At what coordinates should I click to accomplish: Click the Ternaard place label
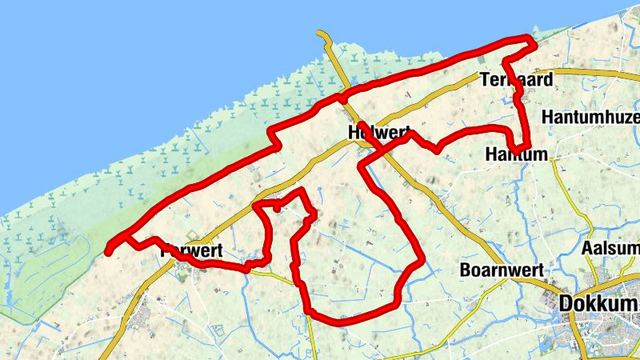(x=517, y=78)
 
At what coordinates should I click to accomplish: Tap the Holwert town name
(x=379, y=132)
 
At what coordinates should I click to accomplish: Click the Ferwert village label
(x=190, y=250)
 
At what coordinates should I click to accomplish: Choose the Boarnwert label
(x=502, y=270)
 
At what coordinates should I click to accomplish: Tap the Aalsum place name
(x=611, y=248)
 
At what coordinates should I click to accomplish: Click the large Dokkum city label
(x=598, y=304)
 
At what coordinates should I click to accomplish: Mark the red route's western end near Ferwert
(x=109, y=251)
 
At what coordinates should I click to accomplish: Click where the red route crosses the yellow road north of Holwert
(x=342, y=97)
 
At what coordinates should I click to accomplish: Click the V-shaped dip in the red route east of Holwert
(x=437, y=150)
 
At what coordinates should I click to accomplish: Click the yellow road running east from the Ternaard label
(x=592, y=72)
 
